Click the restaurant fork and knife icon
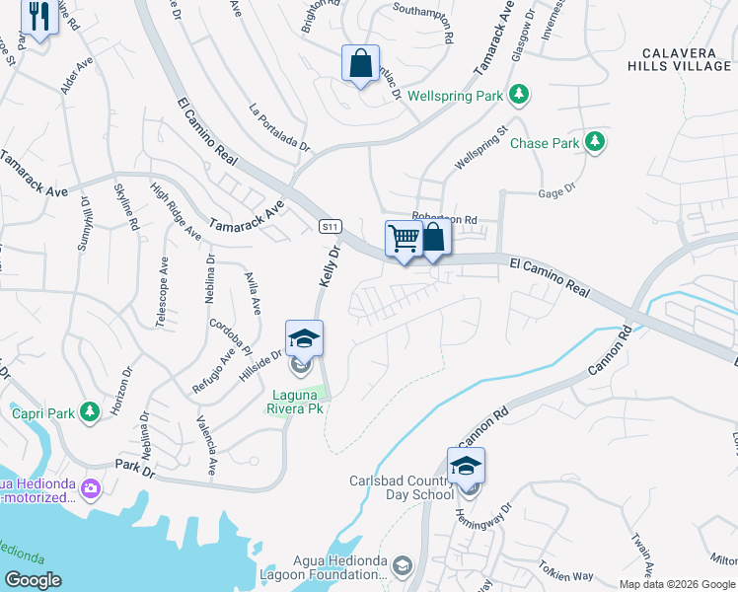(38, 18)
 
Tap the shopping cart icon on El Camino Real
(404, 238)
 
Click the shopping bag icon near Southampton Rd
(361, 63)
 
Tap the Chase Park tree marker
(594, 143)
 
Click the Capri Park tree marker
(90, 410)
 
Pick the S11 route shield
(331, 227)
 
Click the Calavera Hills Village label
(679, 59)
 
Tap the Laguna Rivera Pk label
(297, 402)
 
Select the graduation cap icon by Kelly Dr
(305, 338)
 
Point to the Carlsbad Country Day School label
(400, 488)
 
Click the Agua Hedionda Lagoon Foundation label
(335, 567)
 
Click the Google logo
(34, 580)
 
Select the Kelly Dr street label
(330, 267)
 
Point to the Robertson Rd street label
(444, 219)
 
